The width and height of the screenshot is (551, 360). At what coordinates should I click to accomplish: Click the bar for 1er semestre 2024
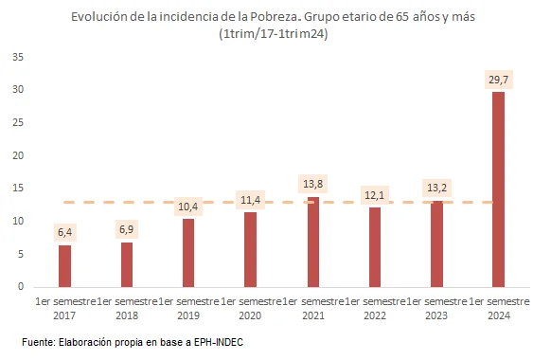[x=498, y=189]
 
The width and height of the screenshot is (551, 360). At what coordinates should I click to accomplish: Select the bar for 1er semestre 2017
[x=64, y=266]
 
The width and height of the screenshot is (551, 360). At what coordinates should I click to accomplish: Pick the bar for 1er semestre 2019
[x=188, y=253]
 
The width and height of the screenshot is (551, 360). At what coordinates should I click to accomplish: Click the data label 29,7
[x=498, y=80]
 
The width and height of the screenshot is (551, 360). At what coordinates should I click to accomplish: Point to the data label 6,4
[x=65, y=232]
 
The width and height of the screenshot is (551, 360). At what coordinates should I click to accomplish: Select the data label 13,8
[x=312, y=183]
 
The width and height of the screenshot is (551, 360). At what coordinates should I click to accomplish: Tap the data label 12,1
[x=375, y=195]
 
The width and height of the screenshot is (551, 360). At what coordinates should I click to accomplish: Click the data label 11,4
[x=250, y=200]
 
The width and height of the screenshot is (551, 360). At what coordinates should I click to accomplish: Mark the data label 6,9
[x=127, y=229]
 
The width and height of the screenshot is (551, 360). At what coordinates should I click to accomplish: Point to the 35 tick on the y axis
[x=18, y=57]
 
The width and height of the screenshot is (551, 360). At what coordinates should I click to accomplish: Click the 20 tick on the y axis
[x=18, y=155]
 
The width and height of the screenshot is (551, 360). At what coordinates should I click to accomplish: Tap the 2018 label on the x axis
[x=127, y=315]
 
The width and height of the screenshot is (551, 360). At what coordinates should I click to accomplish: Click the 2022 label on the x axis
[x=375, y=315]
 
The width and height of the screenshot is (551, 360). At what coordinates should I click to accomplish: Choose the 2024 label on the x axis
[x=498, y=315]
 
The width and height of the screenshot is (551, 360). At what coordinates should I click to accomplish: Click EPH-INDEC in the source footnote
[x=215, y=341]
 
